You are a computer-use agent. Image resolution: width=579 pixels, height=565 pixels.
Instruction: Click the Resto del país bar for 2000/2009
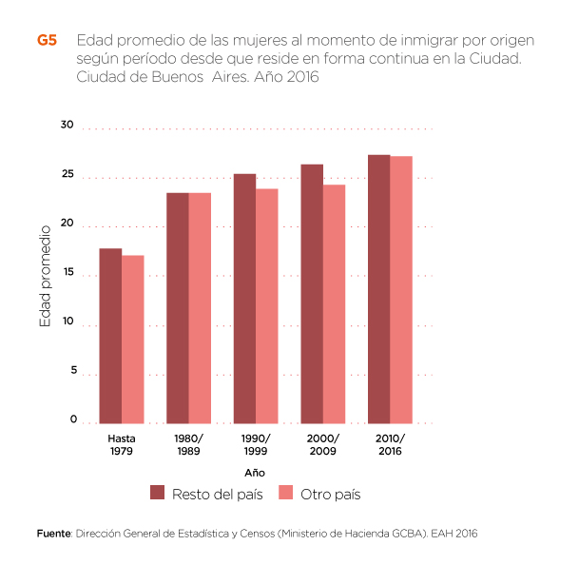tap(312, 294)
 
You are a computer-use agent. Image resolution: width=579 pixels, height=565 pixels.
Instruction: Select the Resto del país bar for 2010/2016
tap(378, 289)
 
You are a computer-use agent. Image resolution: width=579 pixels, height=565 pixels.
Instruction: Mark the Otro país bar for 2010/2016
tap(401, 290)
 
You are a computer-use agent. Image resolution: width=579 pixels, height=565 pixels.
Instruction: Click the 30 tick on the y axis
tap(67, 125)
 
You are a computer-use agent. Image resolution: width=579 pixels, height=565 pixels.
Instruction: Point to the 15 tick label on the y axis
tap(67, 272)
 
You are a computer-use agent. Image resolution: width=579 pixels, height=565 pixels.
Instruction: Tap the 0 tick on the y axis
tap(71, 419)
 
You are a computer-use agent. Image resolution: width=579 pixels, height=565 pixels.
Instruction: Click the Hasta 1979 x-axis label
tap(122, 443)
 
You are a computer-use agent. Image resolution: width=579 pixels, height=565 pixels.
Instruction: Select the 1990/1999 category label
tap(256, 443)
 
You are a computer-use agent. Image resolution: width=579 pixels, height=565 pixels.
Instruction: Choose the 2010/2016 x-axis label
tap(390, 443)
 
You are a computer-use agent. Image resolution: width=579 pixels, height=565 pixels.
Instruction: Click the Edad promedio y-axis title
tap(45, 276)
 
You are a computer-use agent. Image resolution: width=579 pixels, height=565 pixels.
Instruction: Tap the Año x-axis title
tap(254, 472)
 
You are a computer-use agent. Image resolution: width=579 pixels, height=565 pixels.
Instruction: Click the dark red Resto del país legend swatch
tap(159, 493)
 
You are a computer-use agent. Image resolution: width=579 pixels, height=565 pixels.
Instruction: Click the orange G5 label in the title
tap(47, 41)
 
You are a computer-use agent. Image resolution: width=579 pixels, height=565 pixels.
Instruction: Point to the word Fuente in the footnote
tap(54, 534)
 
